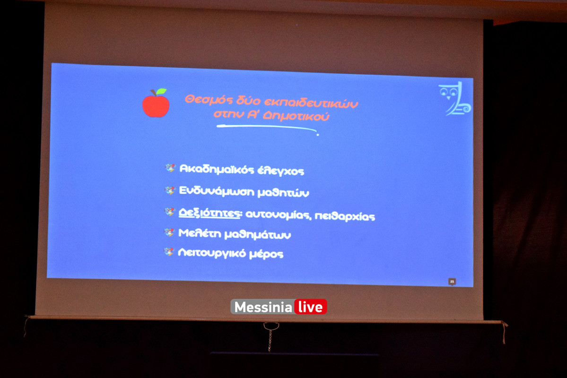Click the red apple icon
(x=156, y=105)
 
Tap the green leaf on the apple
(x=161, y=91)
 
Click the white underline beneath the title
(x=267, y=128)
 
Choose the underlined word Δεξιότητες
(x=209, y=213)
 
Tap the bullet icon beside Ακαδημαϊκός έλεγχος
(x=170, y=168)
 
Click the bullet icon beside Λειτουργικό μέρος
(x=169, y=252)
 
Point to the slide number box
(x=452, y=282)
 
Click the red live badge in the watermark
(x=310, y=307)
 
